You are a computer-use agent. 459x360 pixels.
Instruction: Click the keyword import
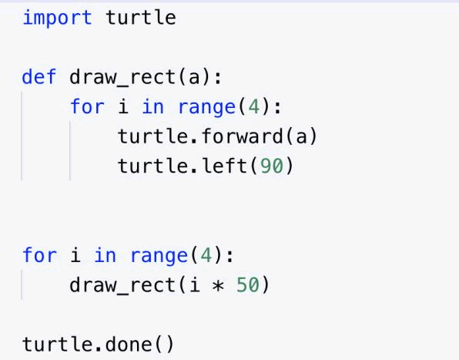(57, 19)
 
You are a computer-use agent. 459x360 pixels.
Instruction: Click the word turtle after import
(141, 18)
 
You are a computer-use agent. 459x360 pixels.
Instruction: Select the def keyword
(39, 77)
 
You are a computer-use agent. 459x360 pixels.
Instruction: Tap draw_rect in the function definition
(122, 78)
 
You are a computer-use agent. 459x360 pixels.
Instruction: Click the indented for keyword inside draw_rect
(87, 106)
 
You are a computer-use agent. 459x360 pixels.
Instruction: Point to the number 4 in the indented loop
(254, 106)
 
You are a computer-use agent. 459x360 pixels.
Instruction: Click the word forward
(243, 136)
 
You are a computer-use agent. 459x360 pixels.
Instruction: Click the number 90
(272, 166)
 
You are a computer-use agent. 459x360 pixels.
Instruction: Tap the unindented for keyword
(39, 255)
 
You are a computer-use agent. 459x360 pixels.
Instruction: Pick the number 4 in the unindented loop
(206, 255)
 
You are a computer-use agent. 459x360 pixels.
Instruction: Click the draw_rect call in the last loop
(122, 285)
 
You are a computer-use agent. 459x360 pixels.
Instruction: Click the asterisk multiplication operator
(218, 285)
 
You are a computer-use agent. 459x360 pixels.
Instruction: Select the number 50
(248, 285)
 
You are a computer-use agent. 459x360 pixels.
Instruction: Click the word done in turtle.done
(129, 344)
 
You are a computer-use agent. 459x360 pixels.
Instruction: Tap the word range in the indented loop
(206, 107)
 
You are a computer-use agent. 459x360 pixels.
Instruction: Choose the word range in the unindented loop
(159, 256)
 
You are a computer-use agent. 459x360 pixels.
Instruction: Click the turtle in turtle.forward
(152, 136)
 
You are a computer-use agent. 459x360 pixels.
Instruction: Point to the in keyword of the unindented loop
(105, 255)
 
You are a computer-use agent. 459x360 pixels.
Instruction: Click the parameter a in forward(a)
(301, 137)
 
